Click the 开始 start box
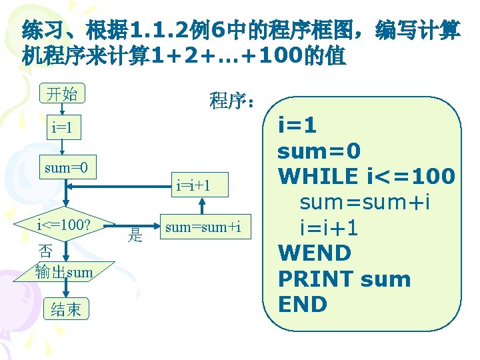coord(61,94)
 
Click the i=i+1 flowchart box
coord(193,185)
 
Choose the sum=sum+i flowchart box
coord(203,227)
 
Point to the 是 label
coord(135,234)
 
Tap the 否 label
coord(45,251)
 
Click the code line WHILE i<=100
coord(367,177)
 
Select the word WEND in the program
coord(314,253)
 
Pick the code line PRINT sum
coord(344,279)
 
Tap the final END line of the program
coord(303,304)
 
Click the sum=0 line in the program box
coord(319,151)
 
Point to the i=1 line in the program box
coord(297,126)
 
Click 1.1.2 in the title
coord(161,30)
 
